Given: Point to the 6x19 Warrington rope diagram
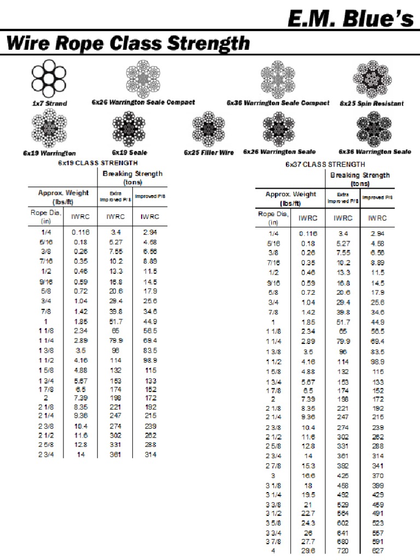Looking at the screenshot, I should click(x=49, y=129).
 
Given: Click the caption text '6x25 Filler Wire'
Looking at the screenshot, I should click(x=208, y=153).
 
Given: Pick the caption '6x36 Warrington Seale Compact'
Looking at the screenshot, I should click(x=278, y=103).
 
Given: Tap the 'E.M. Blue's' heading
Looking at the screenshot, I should click(x=351, y=19).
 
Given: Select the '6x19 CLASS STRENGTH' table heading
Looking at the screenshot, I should click(x=97, y=162).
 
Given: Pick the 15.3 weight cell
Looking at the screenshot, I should click(x=308, y=465).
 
